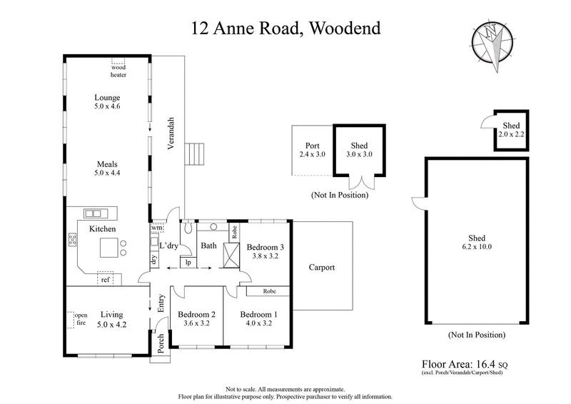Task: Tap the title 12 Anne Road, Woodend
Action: pyautogui.click(x=285, y=29)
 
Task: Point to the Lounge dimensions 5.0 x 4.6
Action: pyautogui.click(x=108, y=106)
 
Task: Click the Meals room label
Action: pyautogui.click(x=108, y=163)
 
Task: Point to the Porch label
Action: pyautogui.click(x=161, y=342)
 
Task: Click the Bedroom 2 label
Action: pyautogui.click(x=197, y=314)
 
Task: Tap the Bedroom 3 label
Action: pyautogui.click(x=266, y=247)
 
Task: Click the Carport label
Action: pyautogui.click(x=322, y=268)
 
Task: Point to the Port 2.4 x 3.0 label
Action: pyautogui.click(x=312, y=150)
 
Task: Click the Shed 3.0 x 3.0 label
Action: pyautogui.click(x=359, y=149)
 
